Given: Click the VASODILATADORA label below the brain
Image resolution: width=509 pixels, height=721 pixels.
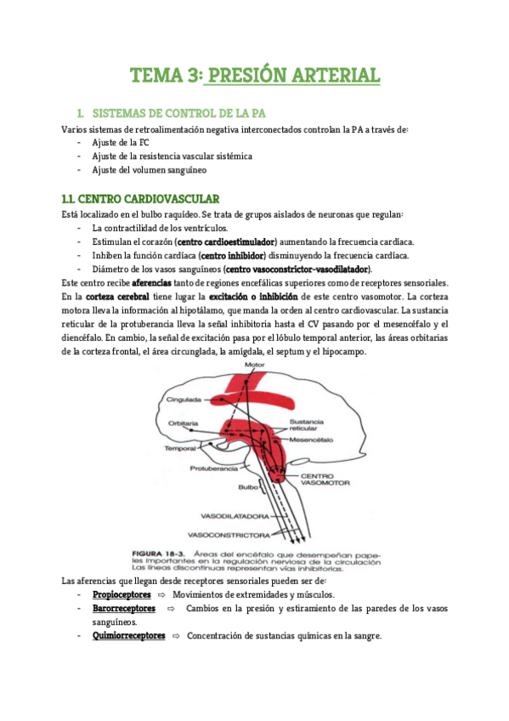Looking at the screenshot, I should tap(235, 516).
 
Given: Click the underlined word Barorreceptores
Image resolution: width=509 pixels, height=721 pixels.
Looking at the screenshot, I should tap(123, 609).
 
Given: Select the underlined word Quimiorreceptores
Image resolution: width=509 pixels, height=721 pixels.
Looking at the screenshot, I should tap(127, 636).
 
